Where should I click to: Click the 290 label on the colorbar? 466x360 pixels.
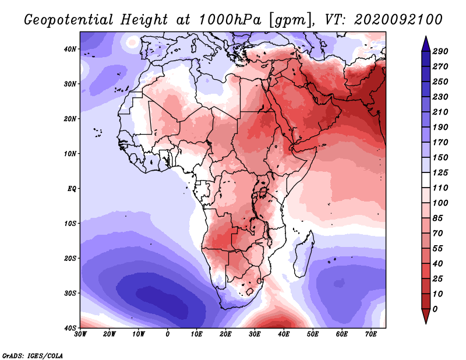pos(441,51)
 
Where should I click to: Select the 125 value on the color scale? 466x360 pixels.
pos(441,173)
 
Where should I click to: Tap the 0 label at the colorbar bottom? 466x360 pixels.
pos(436,308)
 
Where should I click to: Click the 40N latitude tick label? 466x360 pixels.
pos(70,49)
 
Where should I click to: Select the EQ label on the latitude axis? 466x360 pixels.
pos(72,189)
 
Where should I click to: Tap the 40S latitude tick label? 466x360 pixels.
pos(70,328)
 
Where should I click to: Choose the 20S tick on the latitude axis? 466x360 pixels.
pos(70,258)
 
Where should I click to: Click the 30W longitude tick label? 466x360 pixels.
pos(80,334)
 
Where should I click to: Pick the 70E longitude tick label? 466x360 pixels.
pos(371,334)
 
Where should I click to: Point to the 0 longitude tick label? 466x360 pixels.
pos(168,334)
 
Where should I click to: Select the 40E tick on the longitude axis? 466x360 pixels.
pos(284,334)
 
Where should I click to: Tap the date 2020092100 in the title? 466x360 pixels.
pos(401,20)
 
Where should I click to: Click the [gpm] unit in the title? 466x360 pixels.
pos(287,20)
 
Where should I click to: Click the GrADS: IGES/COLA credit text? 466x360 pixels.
pos(33,355)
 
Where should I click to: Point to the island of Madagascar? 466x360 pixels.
pos(301,254)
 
